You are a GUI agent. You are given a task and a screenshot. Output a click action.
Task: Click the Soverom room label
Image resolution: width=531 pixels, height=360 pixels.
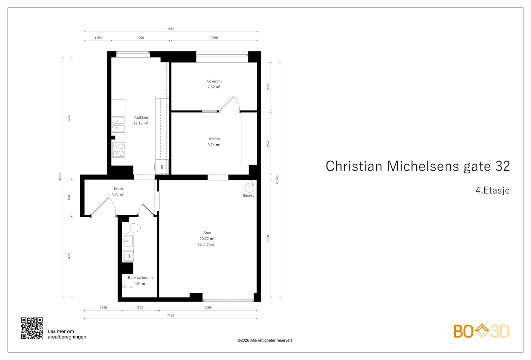click(214, 81)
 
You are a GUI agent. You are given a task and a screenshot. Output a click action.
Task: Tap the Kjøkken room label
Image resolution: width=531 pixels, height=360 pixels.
click(141, 117)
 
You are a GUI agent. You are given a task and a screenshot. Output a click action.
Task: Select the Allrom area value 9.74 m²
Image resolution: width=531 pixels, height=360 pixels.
click(214, 145)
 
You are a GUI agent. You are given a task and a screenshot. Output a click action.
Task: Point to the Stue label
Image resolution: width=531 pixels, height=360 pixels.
click(207, 233)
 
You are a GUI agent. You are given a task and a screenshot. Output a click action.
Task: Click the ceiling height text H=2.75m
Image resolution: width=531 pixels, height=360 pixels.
click(206, 245)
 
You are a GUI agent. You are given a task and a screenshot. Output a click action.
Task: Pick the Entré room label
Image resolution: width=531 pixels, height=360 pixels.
click(118, 188)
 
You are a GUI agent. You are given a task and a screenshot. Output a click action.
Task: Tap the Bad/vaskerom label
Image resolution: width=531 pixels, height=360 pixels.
click(140, 278)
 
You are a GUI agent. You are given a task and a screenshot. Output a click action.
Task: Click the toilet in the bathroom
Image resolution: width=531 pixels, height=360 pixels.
click(134, 228)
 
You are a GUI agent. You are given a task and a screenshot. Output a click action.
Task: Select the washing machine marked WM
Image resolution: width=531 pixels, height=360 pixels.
click(128, 256)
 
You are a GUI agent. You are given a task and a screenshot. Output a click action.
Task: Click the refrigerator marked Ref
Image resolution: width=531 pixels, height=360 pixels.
click(162, 167)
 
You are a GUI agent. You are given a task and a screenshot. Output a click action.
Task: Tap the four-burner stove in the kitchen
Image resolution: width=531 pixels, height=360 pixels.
click(118, 150)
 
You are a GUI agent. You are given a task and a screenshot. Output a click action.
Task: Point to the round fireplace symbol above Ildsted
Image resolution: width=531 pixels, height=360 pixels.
click(249, 188)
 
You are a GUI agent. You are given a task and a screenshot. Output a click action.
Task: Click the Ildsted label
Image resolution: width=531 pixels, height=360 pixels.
click(249, 196)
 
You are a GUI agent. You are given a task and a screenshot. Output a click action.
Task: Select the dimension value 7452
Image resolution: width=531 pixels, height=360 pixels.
click(171, 29)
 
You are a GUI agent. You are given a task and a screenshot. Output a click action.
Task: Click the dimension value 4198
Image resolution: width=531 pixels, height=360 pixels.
click(208, 308)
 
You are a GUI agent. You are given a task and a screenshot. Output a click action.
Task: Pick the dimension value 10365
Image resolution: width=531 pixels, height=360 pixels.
click(60, 177)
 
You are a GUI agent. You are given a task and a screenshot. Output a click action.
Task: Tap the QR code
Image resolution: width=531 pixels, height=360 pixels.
click(32, 328)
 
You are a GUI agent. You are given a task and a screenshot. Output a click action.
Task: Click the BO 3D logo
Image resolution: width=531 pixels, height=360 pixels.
click(481, 331)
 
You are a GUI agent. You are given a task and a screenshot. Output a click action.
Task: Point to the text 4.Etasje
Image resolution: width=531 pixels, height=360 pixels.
click(493, 190)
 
